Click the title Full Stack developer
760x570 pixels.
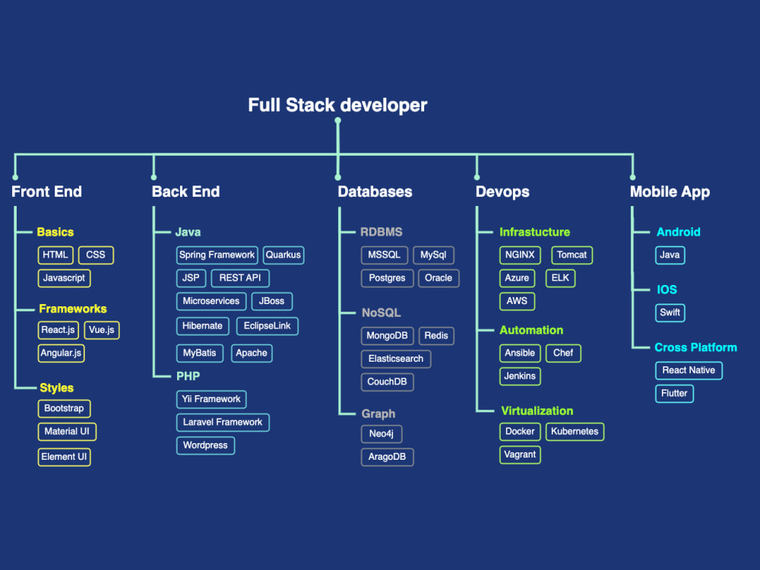pos(337,105)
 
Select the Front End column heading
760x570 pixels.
pos(46,192)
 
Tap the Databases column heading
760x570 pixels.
pos(375,192)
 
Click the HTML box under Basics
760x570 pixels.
pos(55,255)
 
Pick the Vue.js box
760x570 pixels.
pos(102,330)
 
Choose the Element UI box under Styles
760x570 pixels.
pos(64,457)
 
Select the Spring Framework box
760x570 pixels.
pos(217,255)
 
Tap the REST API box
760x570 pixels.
pos(240,278)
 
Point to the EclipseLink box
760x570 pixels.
pos(267,326)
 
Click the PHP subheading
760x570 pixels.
pos(188,376)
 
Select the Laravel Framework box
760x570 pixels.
pos(223,422)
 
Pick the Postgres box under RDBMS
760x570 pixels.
pos(387,278)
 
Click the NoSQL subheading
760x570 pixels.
pos(381,312)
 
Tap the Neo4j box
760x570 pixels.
pos(382,434)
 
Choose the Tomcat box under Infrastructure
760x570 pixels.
pos(572,255)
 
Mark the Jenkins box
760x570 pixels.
pos(520,376)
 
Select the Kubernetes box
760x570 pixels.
pos(575,432)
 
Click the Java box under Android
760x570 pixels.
pos(670,255)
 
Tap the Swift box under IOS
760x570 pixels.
pos(670,312)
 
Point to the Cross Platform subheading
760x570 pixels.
pos(695,347)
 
